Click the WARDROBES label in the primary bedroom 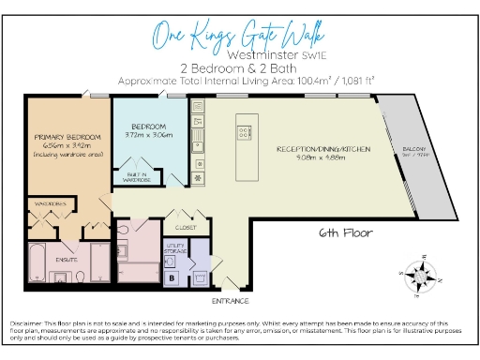[51, 202]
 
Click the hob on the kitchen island [247, 128]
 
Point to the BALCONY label [415, 149]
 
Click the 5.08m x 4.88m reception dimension [323, 158]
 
